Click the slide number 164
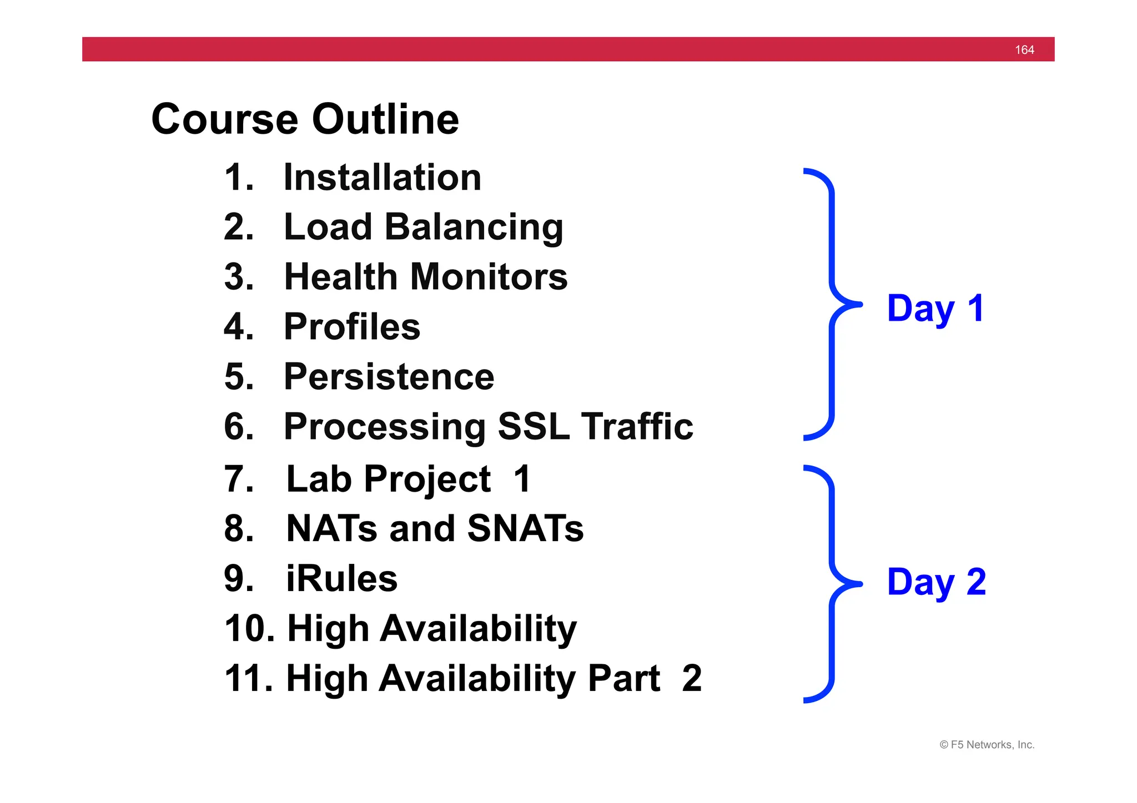click(x=1024, y=50)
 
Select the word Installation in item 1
click(x=382, y=178)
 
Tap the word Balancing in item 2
click(x=474, y=228)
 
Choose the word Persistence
click(x=389, y=377)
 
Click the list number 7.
click(x=238, y=479)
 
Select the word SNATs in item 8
click(x=525, y=528)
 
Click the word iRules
click(x=341, y=579)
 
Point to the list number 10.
click(x=249, y=629)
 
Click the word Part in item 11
click(x=623, y=678)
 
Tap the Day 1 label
click(x=936, y=309)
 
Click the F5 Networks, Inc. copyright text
click(x=987, y=745)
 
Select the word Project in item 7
click(x=427, y=479)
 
